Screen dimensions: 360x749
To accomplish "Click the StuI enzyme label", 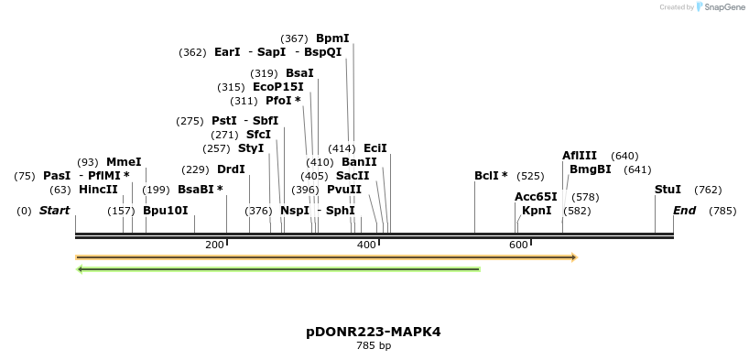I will click(668, 190).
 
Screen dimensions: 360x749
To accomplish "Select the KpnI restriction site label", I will click(537, 211).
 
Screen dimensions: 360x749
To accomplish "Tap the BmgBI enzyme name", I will click(590, 169).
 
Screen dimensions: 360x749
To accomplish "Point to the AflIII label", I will click(579, 156).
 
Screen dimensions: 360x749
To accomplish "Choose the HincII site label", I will click(98, 190).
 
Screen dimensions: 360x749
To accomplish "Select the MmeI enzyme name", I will click(124, 162).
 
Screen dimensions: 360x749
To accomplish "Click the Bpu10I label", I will click(165, 211).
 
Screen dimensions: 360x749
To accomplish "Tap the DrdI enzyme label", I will click(231, 169).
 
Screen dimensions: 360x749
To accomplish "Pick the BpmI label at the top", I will click(332, 38).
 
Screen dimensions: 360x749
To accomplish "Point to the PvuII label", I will click(343, 190).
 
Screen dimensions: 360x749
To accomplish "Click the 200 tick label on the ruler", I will click(214, 245).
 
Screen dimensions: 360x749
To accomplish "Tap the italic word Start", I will click(54, 211).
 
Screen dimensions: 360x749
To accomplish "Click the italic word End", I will click(684, 211).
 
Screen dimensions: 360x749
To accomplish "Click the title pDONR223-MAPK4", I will click(374, 332).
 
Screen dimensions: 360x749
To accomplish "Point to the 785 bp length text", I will click(374, 346).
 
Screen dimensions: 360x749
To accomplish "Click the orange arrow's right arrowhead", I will click(573, 257).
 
